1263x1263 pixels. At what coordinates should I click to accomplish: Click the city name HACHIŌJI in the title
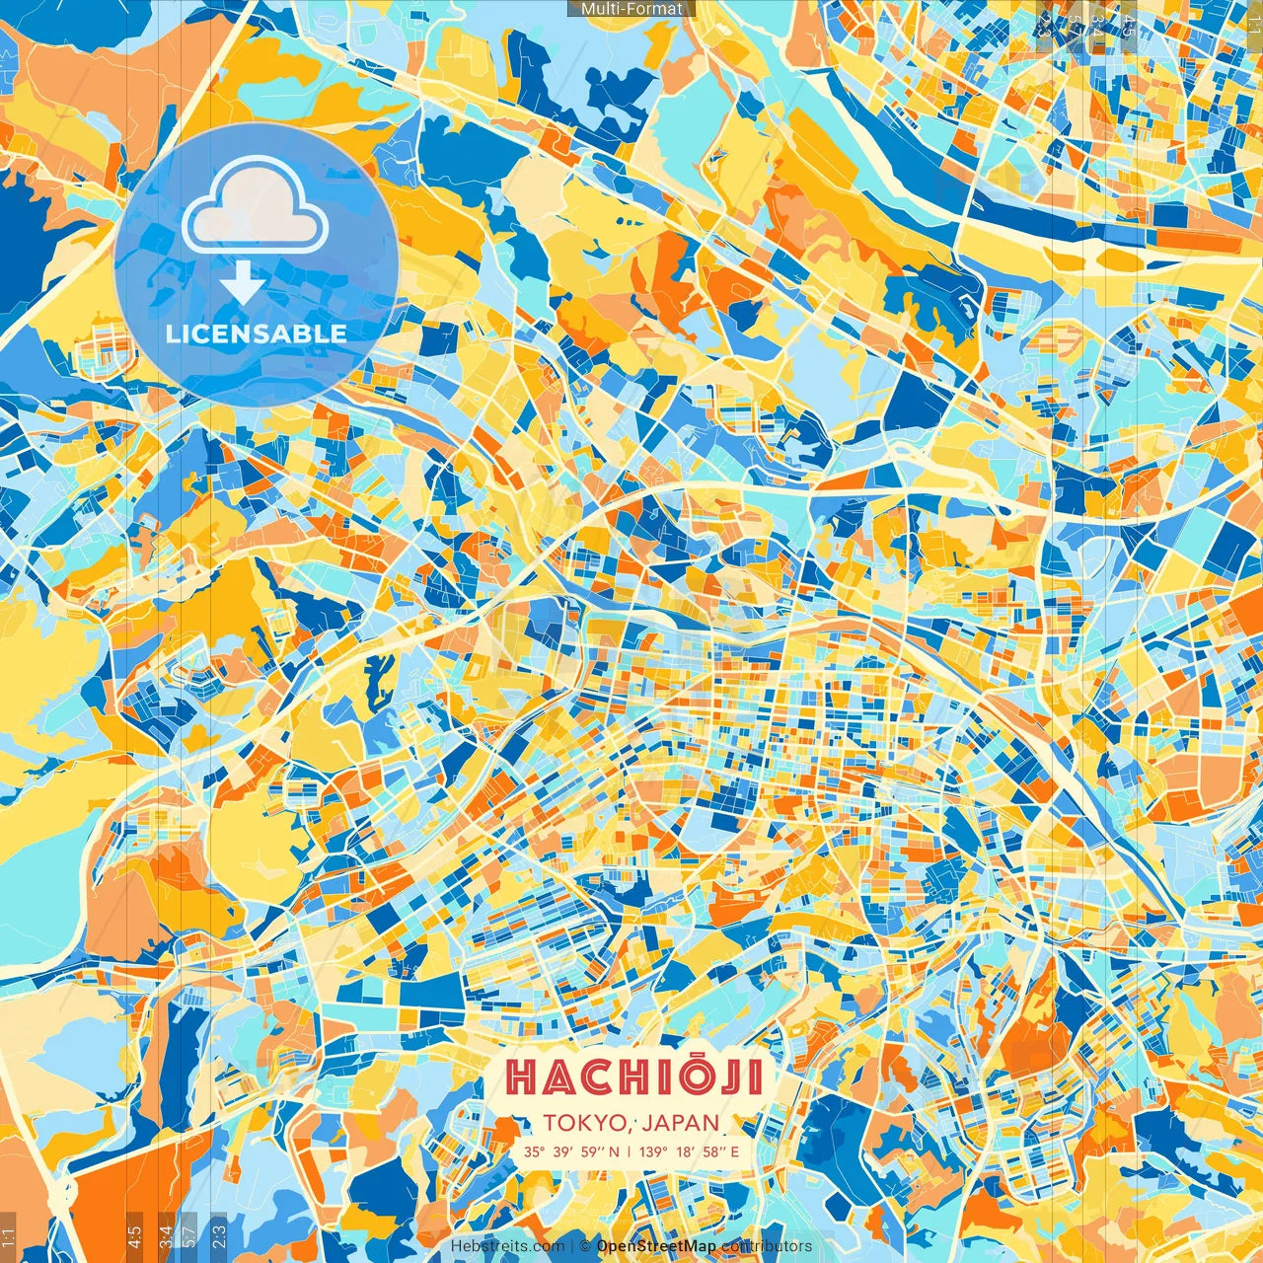point(634,1077)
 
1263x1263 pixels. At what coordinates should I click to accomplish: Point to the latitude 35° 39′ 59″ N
point(572,1152)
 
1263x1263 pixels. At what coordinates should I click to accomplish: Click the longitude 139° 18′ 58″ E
point(690,1152)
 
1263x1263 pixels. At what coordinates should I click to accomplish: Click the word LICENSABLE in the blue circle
point(257,334)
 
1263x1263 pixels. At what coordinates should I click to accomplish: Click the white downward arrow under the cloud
point(243,282)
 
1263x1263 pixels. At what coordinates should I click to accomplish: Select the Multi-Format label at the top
point(631,9)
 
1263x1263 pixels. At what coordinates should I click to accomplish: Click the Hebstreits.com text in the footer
point(507,1246)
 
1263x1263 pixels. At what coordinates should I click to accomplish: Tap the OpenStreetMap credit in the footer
point(656,1246)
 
